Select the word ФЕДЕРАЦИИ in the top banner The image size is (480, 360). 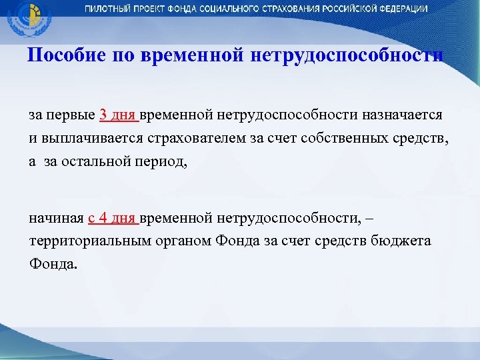point(401,9)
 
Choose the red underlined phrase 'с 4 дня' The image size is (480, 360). point(112,217)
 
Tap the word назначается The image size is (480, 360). point(402,114)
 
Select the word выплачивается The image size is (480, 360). point(87,138)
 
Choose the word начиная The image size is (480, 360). point(56,217)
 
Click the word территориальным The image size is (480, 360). point(93,241)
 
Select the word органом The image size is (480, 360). point(187,241)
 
